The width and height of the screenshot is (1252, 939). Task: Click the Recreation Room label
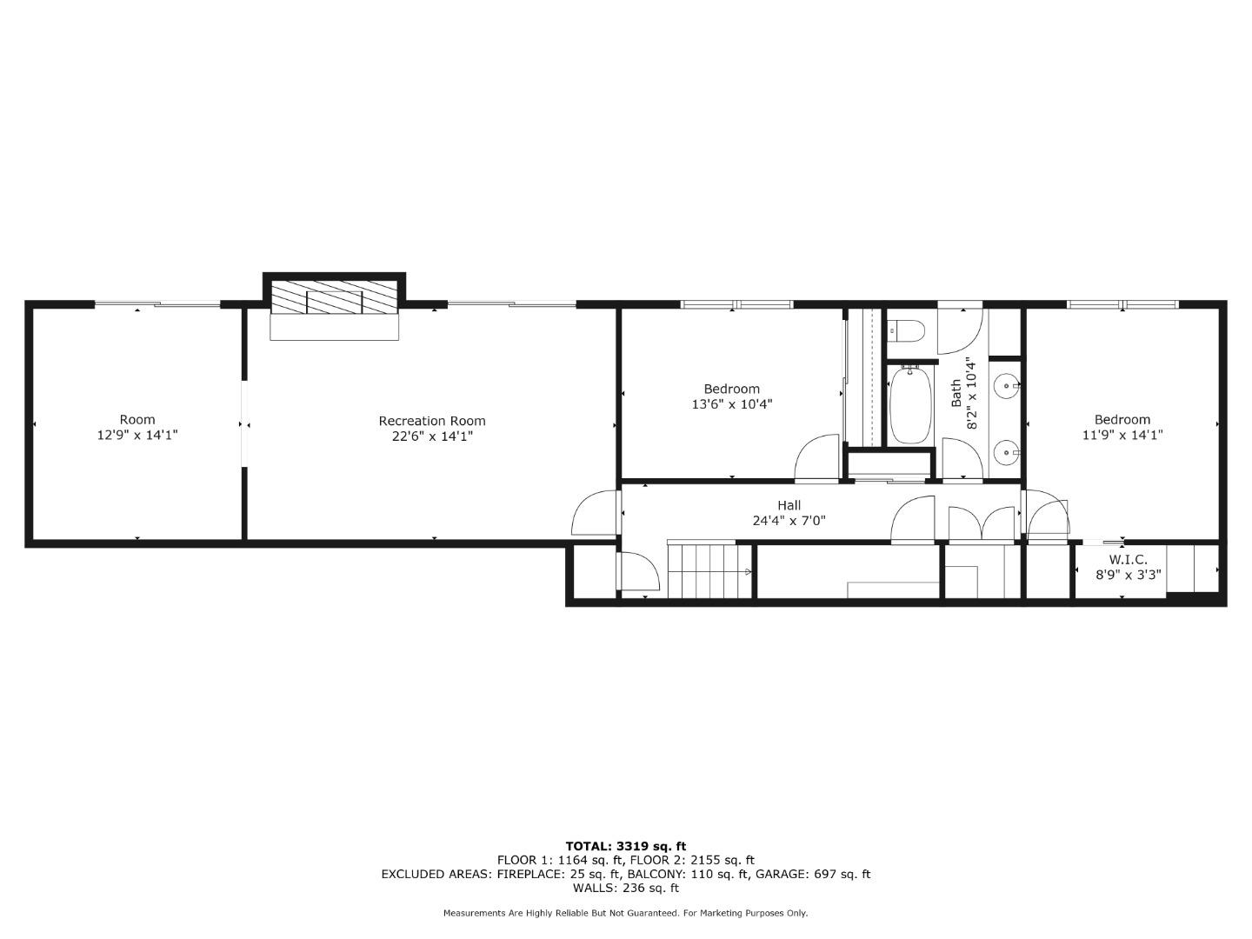(x=431, y=421)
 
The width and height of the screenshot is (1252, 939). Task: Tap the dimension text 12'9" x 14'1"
(x=137, y=435)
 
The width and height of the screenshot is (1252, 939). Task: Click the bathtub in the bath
(x=909, y=405)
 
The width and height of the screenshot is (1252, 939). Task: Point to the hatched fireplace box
(x=334, y=296)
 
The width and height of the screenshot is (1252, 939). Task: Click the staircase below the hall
(x=709, y=570)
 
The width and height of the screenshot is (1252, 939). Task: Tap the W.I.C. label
(x=1128, y=559)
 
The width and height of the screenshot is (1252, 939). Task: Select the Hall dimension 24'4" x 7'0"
(x=789, y=521)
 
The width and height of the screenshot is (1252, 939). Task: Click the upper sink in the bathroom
(x=1007, y=385)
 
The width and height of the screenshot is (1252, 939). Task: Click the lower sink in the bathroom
(x=1007, y=451)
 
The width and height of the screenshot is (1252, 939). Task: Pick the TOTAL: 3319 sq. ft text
(x=625, y=846)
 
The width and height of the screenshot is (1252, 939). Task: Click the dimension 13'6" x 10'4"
(x=731, y=404)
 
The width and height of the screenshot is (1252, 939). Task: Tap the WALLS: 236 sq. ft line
(x=625, y=888)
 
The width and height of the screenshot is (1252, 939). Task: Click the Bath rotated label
(x=956, y=393)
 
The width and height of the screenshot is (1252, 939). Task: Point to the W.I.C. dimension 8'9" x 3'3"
(x=1128, y=574)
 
